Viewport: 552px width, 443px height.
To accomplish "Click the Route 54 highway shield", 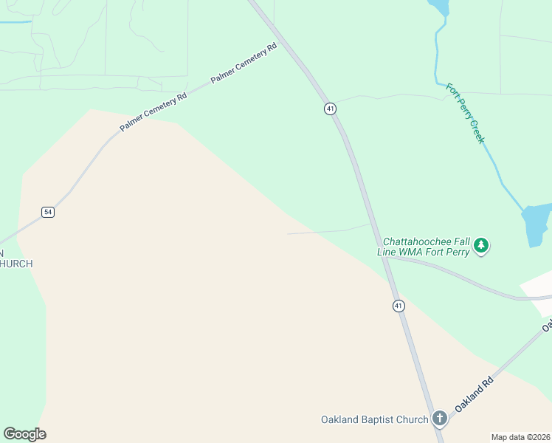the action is tap(48, 212).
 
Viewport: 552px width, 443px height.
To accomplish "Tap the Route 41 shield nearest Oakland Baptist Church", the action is tap(399, 306).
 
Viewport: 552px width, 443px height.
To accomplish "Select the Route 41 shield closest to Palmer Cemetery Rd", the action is tap(330, 109).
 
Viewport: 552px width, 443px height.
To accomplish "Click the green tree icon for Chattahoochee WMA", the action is tap(481, 245).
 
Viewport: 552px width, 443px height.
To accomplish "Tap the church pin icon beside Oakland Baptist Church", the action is tap(439, 419).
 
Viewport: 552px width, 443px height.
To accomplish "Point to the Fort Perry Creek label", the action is tap(465, 113).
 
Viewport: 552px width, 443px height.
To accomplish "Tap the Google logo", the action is tap(24, 434).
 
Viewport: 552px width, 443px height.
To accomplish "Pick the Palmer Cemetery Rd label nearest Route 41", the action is tap(244, 63).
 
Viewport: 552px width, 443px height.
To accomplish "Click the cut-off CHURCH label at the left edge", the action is tap(15, 264).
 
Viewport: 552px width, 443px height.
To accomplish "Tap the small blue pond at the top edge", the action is tap(440, 7).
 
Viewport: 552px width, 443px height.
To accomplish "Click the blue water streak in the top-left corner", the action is tap(15, 22).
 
